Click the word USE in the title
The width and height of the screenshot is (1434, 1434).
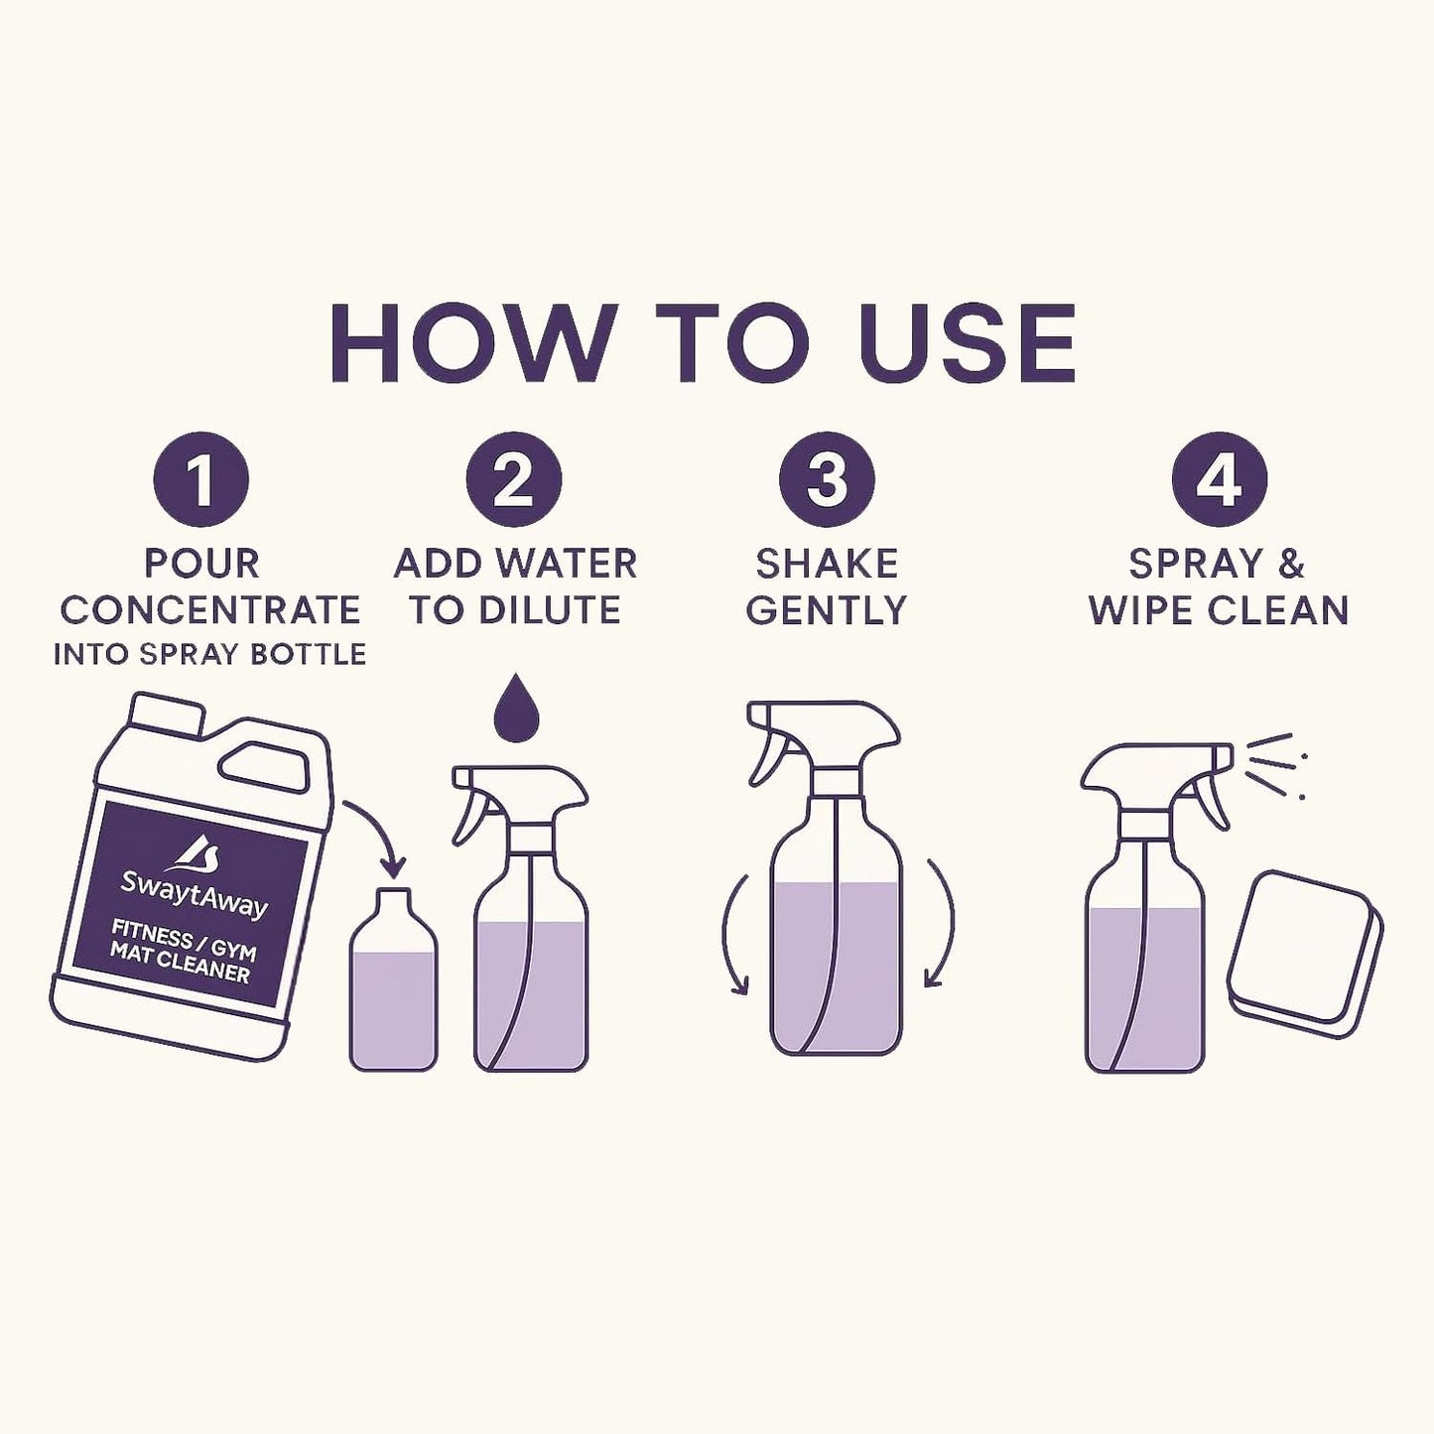(x=969, y=342)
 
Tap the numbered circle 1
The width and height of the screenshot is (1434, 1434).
(x=200, y=479)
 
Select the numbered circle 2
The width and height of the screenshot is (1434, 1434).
(x=514, y=479)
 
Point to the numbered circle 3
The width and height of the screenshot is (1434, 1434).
(x=827, y=479)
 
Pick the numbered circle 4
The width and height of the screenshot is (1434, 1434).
(x=1219, y=479)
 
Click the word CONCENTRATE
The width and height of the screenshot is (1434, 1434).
(x=209, y=610)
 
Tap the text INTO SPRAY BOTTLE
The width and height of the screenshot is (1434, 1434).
(x=209, y=655)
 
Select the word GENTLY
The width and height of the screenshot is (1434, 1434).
(x=827, y=610)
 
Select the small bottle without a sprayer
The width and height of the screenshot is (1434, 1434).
(x=393, y=987)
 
